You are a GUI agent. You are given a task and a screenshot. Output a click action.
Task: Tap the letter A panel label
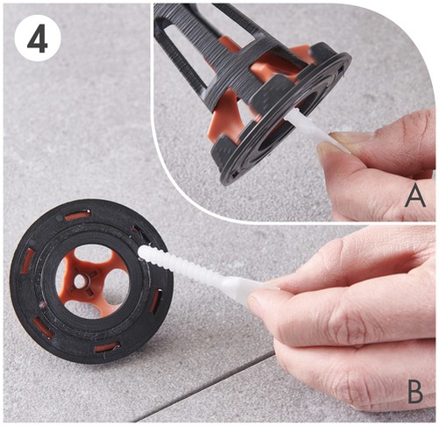point(415,196)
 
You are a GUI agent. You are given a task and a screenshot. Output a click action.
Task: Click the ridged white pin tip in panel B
point(144,252)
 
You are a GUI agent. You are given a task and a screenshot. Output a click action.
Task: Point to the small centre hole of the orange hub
point(79,280)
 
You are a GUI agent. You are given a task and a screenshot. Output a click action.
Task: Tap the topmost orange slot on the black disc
point(78,216)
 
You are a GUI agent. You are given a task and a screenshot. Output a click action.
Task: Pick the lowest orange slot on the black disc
point(106,347)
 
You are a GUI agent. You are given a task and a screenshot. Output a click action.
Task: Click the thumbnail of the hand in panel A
point(344,138)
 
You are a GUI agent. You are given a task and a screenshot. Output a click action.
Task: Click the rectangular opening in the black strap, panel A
point(181,53)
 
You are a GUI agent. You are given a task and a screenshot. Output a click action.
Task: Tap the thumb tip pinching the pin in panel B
point(257,301)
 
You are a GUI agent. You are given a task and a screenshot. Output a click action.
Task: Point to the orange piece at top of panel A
point(227,43)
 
